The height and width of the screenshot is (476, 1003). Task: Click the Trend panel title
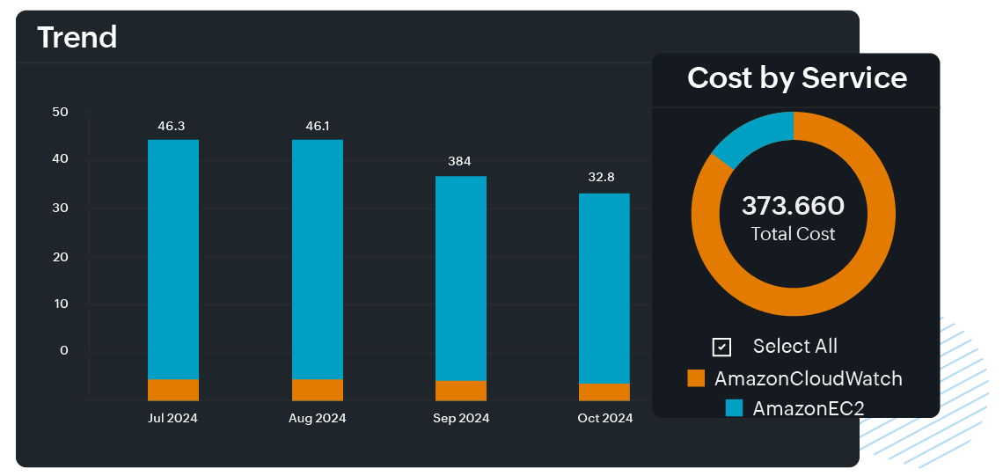tap(77, 37)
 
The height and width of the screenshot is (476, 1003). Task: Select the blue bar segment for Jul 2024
tap(173, 260)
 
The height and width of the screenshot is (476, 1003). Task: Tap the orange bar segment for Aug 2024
tap(318, 390)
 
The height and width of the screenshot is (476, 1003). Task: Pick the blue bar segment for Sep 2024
tap(461, 278)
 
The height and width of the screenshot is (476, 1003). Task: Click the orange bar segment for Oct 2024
tap(604, 392)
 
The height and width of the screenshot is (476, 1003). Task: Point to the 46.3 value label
tap(171, 126)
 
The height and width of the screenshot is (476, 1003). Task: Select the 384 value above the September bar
tap(459, 161)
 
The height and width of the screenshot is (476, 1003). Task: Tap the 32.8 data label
tap(602, 177)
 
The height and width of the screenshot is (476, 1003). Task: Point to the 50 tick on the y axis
tap(61, 112)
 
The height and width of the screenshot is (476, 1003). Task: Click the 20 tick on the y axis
tap(61, 256)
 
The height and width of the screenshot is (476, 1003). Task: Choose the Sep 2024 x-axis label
tap(461, 418)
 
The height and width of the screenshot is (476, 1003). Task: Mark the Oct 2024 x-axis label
tap(605, 418)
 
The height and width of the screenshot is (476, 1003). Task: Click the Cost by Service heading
tap(797, 77)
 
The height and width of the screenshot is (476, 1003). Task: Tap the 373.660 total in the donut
tap(793, 206)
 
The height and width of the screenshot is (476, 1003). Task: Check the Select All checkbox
tap(721, 347)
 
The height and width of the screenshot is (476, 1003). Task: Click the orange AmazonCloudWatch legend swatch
tap(697, 378)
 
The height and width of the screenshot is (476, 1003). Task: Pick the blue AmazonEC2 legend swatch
tap(734, 408)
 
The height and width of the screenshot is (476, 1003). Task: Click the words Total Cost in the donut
tap(793, 234)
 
